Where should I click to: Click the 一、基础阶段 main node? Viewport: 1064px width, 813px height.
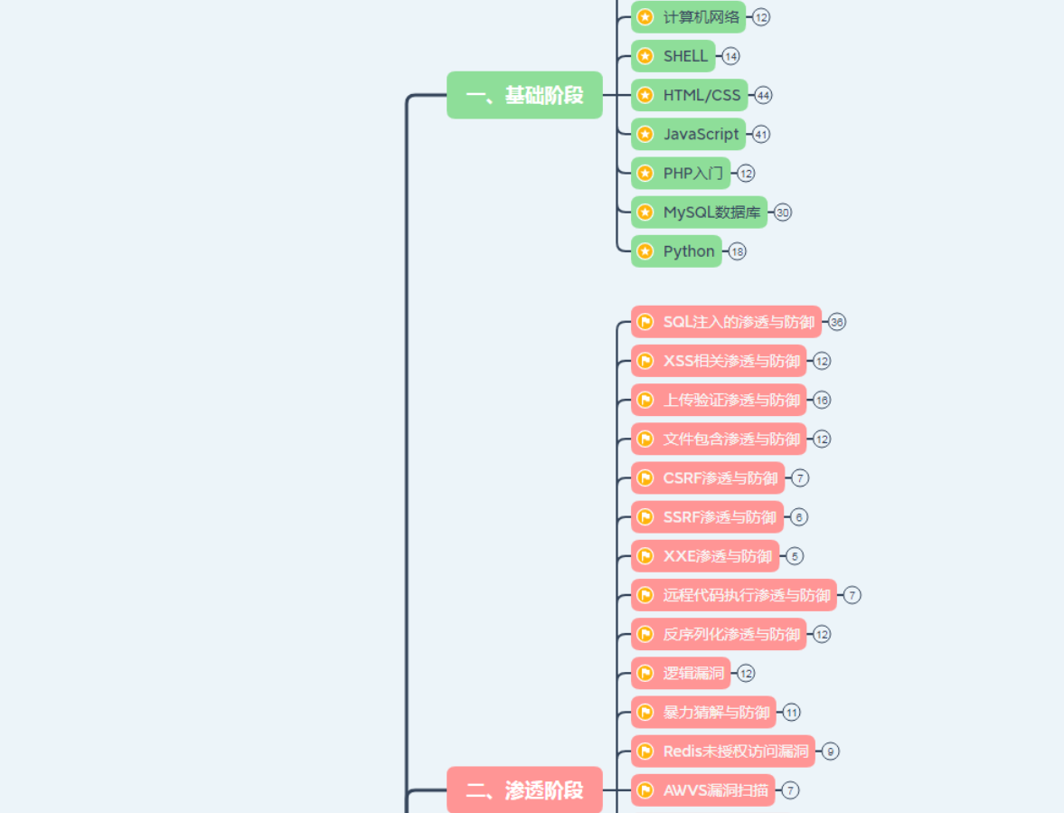click(x=524, y=95)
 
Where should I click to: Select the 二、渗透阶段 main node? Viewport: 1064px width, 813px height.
click(x=524, y=790)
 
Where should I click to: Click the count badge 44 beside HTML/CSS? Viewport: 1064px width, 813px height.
click(x=763, y=95)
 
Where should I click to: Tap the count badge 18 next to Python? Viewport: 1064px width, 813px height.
click(x=738, y=251)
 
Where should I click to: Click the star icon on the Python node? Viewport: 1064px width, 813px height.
click(x=645, y=251)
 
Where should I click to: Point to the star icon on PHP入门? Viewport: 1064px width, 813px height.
click(x=645, y=173)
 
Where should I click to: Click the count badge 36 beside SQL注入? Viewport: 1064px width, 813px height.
click(x=837, y=322)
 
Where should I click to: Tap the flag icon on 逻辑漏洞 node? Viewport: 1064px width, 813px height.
click(x=645, y=673)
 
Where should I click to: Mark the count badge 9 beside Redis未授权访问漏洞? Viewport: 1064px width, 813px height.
click(x=830, y=752)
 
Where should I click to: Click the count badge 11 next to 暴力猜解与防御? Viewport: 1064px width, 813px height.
click(x=792, y=713)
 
